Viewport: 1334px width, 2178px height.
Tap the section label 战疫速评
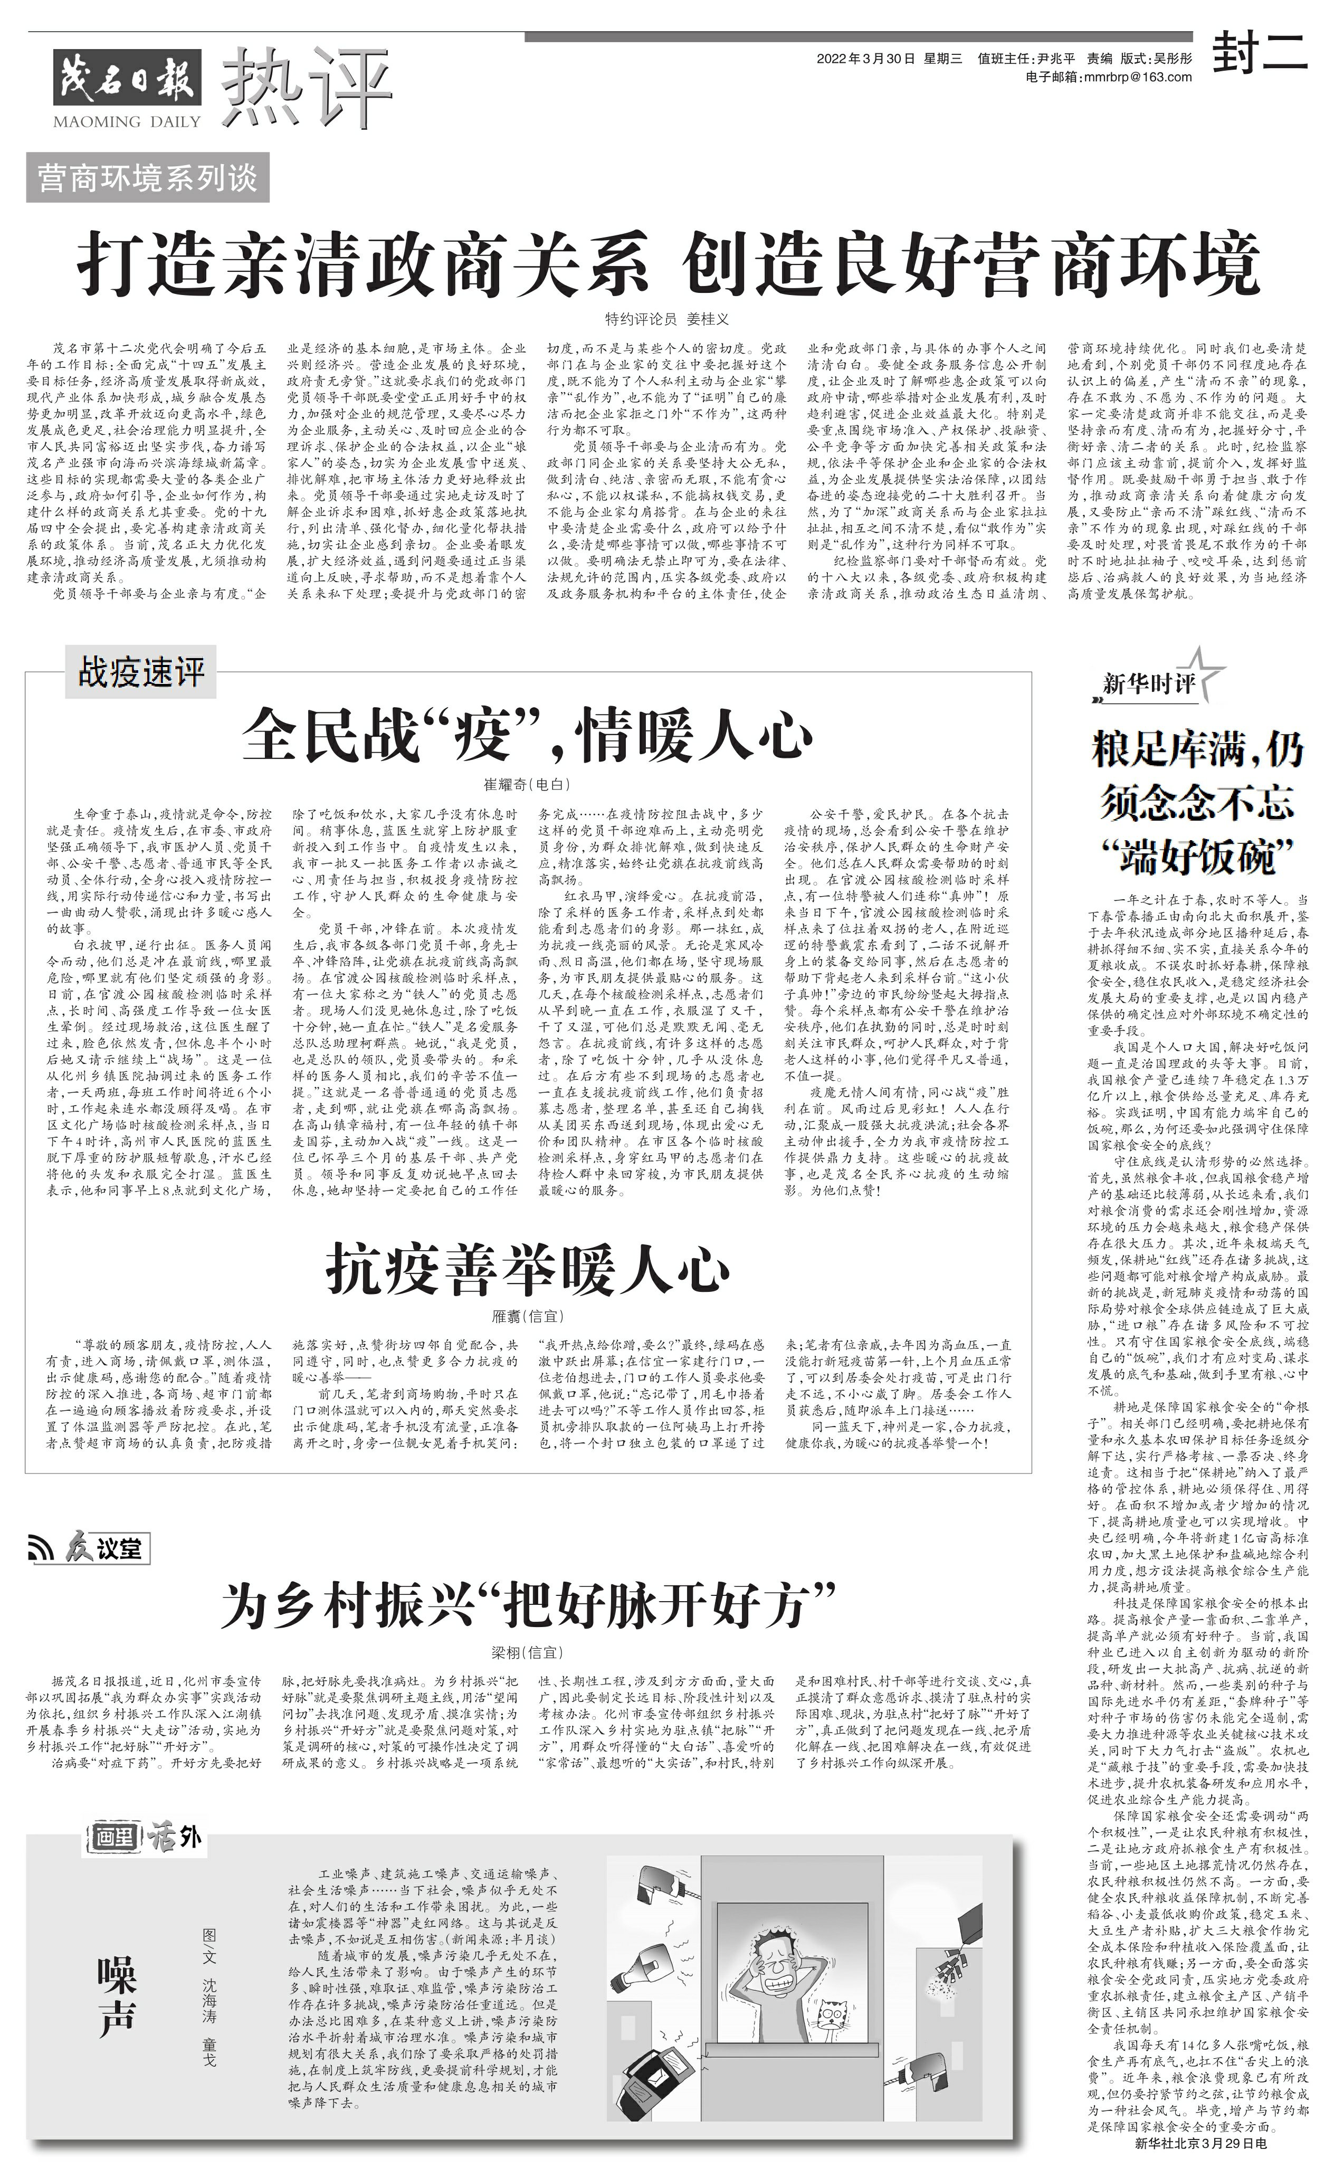point(141,673)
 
